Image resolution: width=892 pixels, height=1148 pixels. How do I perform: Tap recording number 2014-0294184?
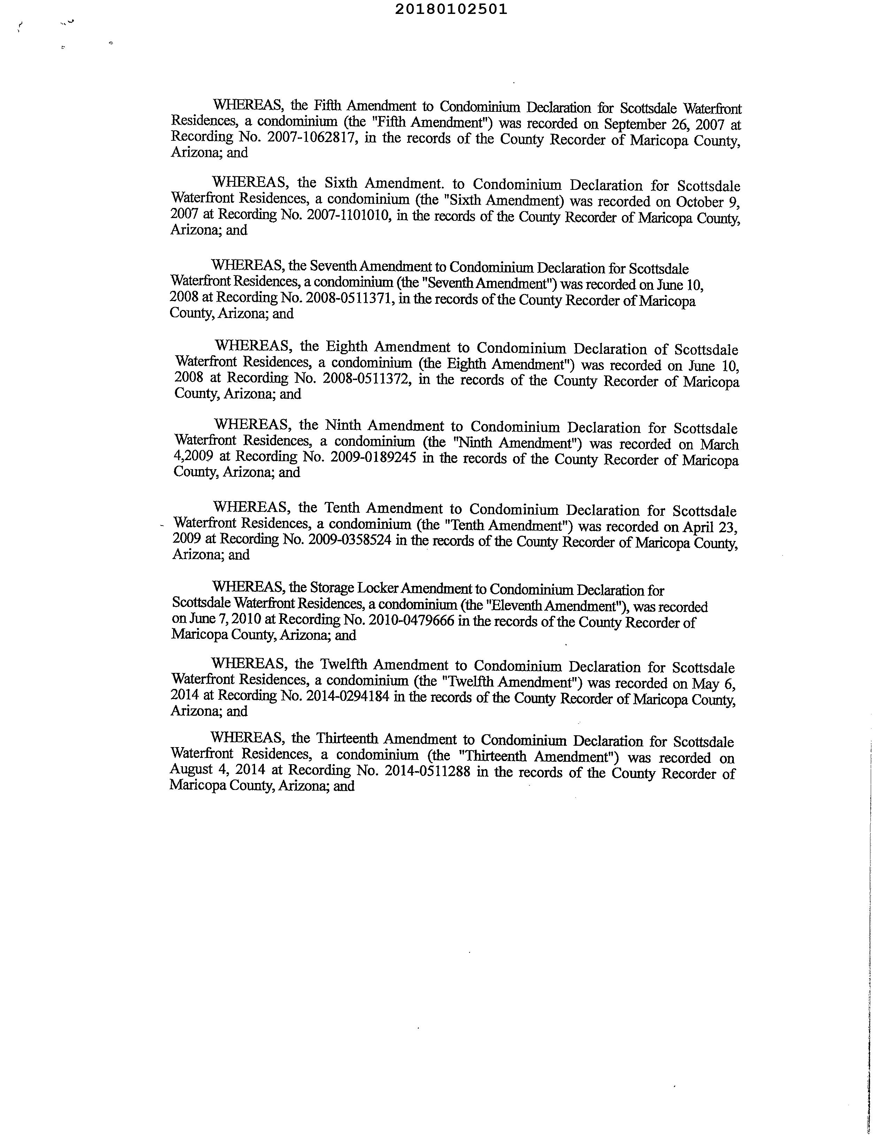(x=347, y=697)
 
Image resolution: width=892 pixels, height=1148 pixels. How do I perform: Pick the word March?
(x=720, y=445)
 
